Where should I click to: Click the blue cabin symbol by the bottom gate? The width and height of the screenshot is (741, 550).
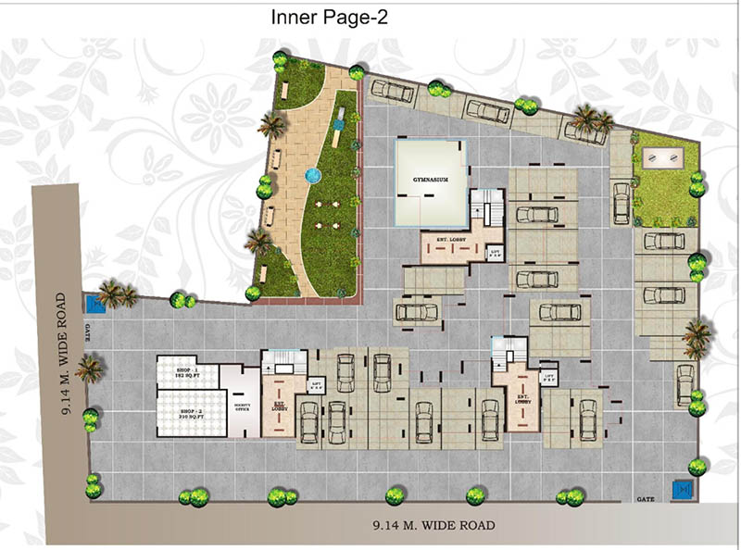pos(682,488)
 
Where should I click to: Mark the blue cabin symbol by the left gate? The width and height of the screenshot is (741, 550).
pos(94,304)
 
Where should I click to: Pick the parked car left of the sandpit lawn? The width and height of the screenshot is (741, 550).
pos(621,200)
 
